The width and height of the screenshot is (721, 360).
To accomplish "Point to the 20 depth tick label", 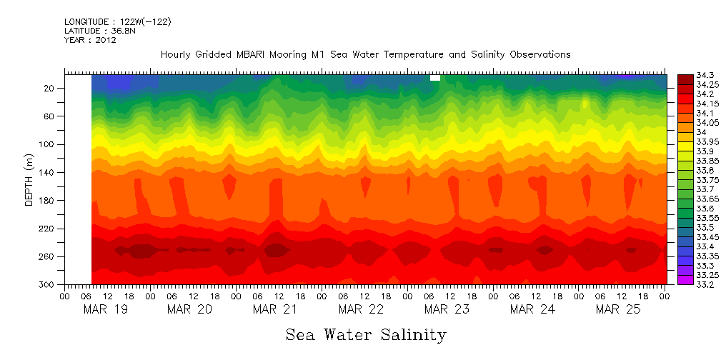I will (x=50, y=88).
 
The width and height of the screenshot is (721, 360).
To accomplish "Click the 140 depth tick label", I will (x=48, y=172).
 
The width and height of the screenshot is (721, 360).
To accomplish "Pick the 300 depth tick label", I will (x=48, y=285).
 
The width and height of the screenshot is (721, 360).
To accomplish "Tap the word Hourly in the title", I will (x=176, y=55).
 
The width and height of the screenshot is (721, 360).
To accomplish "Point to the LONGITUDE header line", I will (x=117, y=21).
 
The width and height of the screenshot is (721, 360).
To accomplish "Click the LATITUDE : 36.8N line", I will (x=98, y=31).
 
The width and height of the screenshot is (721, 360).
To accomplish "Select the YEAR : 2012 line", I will (x=90, y=40).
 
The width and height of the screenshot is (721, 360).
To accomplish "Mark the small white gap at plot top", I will (x=434, y=78).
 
